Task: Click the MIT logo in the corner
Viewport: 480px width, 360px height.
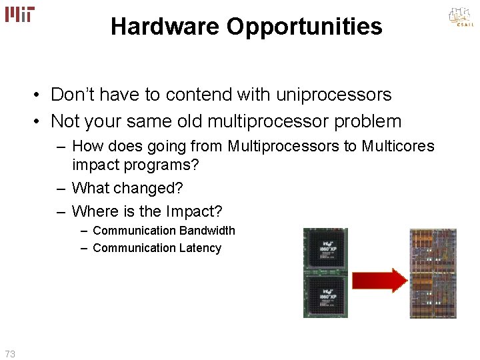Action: coord(20,14)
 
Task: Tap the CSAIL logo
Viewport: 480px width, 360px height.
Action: coord(460,18)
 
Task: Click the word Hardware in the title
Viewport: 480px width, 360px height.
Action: coord(165,27)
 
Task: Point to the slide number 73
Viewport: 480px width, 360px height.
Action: coord(10,354)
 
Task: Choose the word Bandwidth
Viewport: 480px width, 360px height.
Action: coord(206,231)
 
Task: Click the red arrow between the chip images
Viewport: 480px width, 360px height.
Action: coord(379,279)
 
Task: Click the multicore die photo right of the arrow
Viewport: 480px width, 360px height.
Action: coord(433,273)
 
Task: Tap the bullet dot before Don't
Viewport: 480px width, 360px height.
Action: coord(41,95)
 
